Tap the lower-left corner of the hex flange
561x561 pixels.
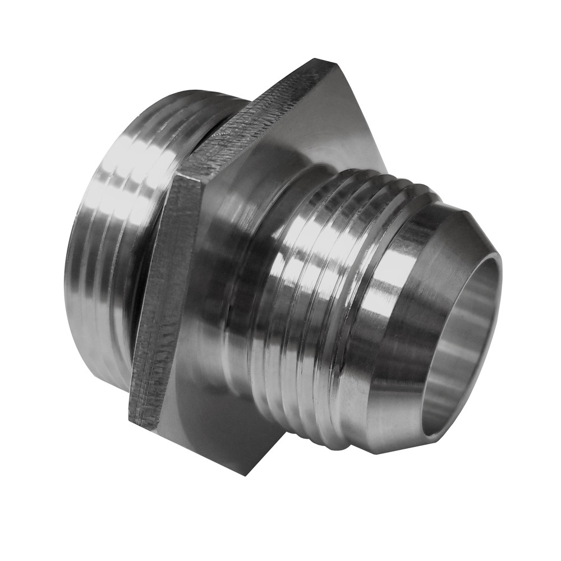click(x=130, y=418)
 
